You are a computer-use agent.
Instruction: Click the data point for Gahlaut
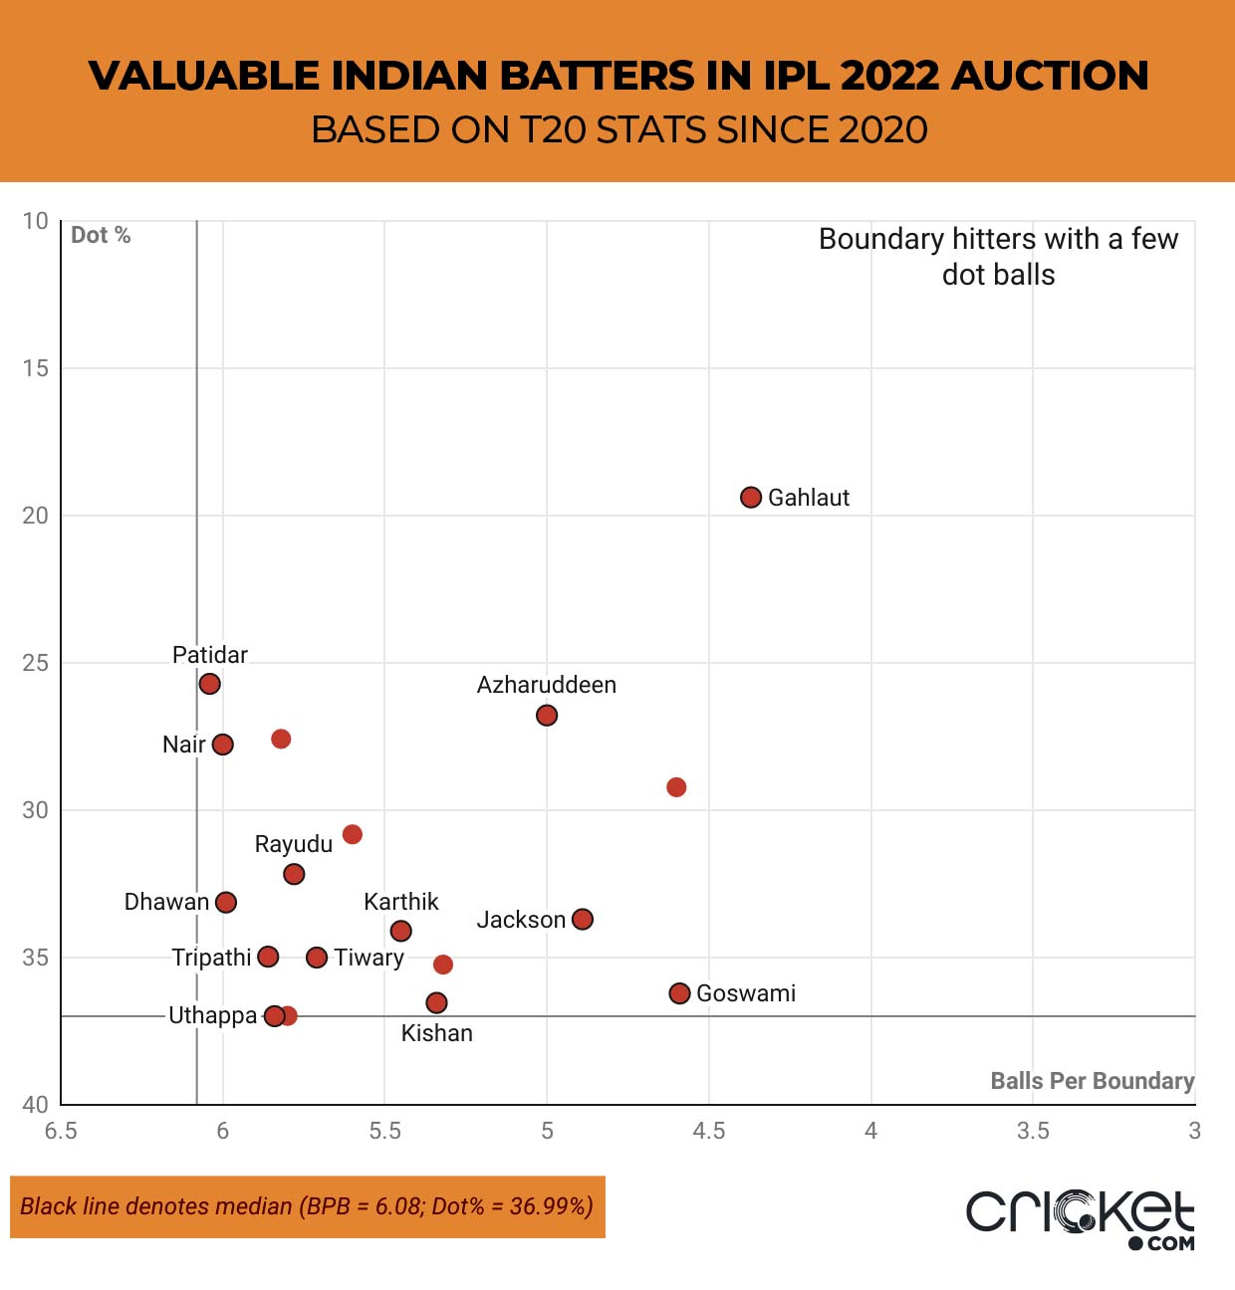click(x=751, y=497)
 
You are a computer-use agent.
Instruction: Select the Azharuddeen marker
click(x=546, y=715)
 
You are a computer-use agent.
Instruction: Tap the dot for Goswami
click(x=679, y=992)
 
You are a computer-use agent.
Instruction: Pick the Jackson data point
click(x=583, y=919)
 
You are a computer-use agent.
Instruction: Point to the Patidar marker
click(x=209, y=684)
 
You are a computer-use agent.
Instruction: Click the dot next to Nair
click(x=223, y=744)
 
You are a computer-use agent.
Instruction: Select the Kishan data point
click(x=436, y=1002)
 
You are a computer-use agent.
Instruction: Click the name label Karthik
click(x=400, y=902)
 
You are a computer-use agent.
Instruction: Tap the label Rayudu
click(x=293, y=844)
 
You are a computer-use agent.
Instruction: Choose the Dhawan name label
click(x=166, y=902)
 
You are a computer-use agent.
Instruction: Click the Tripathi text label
click(x=211, y=958)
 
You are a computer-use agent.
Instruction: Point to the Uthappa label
click(x=212, y=1015)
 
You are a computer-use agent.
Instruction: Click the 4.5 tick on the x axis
click(x=708, y=1131)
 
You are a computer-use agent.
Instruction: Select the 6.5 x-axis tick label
click(x=61, y=1131)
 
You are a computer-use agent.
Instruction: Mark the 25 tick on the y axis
click(x=35, y=663)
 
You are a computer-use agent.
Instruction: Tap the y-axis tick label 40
click(x=35, y=1104)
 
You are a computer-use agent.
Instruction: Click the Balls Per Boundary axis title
click(x=1092, y=1081)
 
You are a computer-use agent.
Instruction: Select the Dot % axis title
click(x=101, y=235)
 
